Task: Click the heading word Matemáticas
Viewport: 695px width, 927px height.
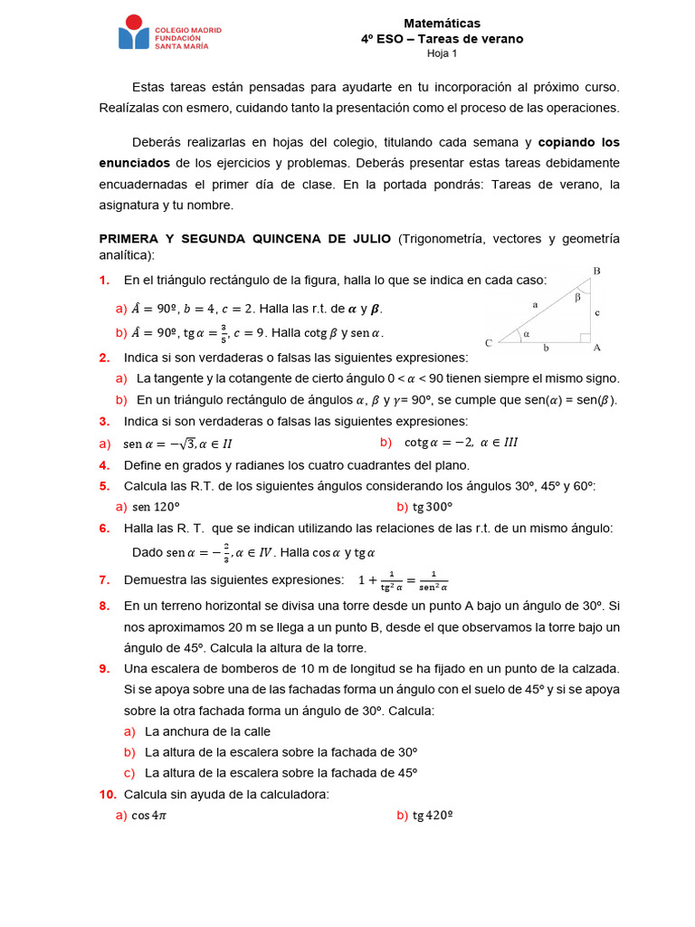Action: pos(442,24)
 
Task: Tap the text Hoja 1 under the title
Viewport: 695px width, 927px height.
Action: pos(442,53)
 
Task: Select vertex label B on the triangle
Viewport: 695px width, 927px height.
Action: pos(595,271)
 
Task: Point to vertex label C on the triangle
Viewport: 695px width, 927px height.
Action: pos(489,343)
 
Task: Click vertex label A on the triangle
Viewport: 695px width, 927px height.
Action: pos(596,347)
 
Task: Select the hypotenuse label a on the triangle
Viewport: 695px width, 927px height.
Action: pos(535,305)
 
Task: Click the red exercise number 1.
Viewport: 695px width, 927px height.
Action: pos(104,280)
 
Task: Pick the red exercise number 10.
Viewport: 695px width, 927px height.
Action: pos(108,794)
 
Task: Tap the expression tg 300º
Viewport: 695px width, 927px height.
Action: pos(432,507)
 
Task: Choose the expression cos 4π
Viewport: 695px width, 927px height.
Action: pos(148,816)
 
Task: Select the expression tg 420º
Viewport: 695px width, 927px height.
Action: pos(432,816)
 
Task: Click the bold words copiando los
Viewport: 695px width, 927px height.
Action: pos(579,142)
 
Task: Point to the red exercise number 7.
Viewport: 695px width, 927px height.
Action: pos(104,579)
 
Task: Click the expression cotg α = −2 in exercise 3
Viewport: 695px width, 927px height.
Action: pos(439,443)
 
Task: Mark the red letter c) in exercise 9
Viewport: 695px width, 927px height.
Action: pos(129,772)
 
